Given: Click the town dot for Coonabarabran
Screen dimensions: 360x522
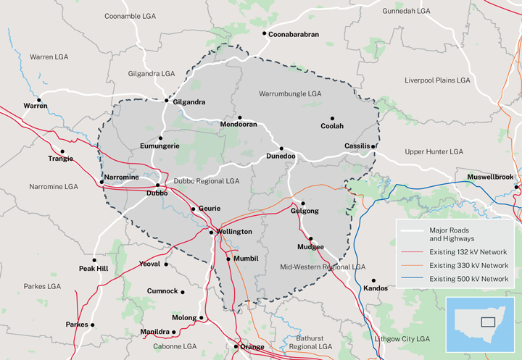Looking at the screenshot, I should tap(264, 33).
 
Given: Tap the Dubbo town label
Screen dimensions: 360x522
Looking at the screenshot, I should tap(157, 193).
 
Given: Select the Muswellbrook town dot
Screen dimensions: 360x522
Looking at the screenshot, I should tap(516, 187).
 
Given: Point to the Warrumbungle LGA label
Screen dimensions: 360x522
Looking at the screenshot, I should tap(289, 94).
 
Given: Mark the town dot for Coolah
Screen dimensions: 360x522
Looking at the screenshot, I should tap(333, 118).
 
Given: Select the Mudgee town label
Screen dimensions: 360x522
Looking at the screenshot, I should tap(310, 247).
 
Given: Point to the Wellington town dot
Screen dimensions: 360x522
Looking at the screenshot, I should tap(211, 232).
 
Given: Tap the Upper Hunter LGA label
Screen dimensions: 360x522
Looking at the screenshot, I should tap(434, 152).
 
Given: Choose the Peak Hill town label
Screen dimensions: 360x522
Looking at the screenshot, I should tap(94, 269).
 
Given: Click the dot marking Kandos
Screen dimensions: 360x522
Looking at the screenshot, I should tap(374, 280).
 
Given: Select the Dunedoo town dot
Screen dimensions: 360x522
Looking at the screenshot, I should tap(281, 148).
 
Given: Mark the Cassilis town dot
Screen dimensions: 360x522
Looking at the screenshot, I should tap(373, 146).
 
